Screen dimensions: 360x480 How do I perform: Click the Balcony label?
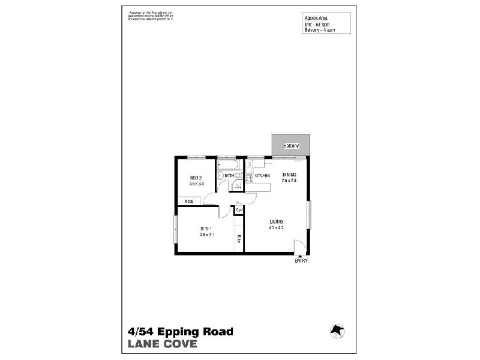292,146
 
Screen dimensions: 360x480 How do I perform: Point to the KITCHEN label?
262,176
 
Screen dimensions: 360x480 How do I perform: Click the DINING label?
289,175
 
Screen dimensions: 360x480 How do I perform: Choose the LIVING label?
276,222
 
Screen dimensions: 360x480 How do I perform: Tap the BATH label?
229,176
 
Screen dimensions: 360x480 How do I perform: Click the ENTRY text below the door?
301,261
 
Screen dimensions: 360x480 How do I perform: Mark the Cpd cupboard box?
239,210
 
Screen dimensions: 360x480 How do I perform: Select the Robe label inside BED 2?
188,201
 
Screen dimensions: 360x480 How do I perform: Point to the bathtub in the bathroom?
228,164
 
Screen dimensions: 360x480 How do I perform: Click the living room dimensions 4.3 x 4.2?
276,228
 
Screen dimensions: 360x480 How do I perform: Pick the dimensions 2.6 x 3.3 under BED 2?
197,184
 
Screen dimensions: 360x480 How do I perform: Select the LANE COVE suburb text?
162,344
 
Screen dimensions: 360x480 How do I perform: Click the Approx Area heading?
316,19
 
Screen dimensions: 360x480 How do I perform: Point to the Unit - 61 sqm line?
316,24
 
